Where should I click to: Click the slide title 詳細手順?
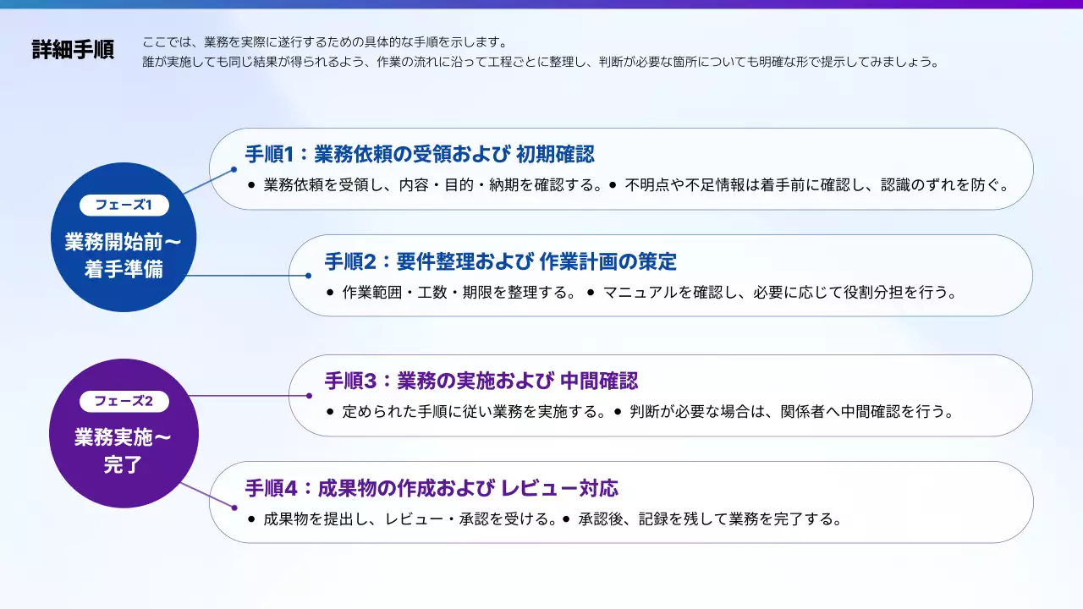(73, 50)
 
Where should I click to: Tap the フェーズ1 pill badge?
(124, 205)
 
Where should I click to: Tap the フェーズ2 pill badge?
(124, 401)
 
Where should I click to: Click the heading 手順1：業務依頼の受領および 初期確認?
(420, 154)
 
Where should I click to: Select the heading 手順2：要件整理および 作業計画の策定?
(500, 261)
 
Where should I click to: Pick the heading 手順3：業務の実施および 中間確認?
(481, 381)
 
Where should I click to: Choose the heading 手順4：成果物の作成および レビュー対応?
(432, 488)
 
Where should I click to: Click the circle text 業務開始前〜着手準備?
(124, 255)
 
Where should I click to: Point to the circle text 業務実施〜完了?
(124, 451)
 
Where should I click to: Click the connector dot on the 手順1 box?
(234, 170)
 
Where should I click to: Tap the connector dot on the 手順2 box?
(309, 276)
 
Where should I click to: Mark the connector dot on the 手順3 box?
(309, 396)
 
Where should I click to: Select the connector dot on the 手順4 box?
(234, 508)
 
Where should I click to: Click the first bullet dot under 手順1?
(251, 185)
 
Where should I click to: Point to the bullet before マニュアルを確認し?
(591, 293)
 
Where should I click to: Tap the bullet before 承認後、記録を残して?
(566, 519)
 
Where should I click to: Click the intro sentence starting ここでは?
(325, 42)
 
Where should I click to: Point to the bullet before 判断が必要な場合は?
(618, 412)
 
